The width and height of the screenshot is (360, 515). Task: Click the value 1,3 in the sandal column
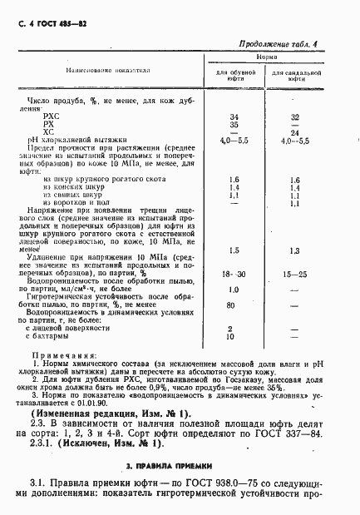(x=294, y=250)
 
